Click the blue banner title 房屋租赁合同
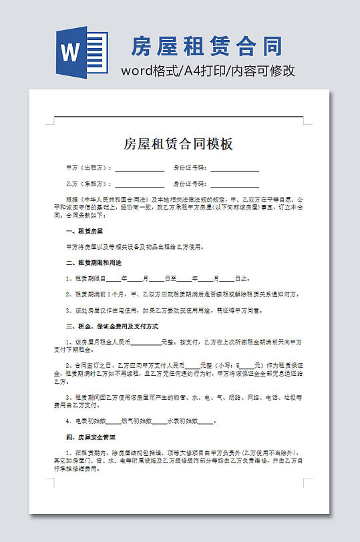point(206,47)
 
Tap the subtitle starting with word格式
point(208,71)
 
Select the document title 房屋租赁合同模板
point(178,144)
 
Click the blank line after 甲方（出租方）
point(140,169)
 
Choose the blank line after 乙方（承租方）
point(140,184)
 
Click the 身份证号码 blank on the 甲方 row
point(234,169)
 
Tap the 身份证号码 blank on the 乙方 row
point(234,184)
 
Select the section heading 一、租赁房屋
point(84,231)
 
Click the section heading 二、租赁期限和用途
point(94,262)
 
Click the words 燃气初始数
point(137,421)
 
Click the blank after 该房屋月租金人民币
point(146,342)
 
